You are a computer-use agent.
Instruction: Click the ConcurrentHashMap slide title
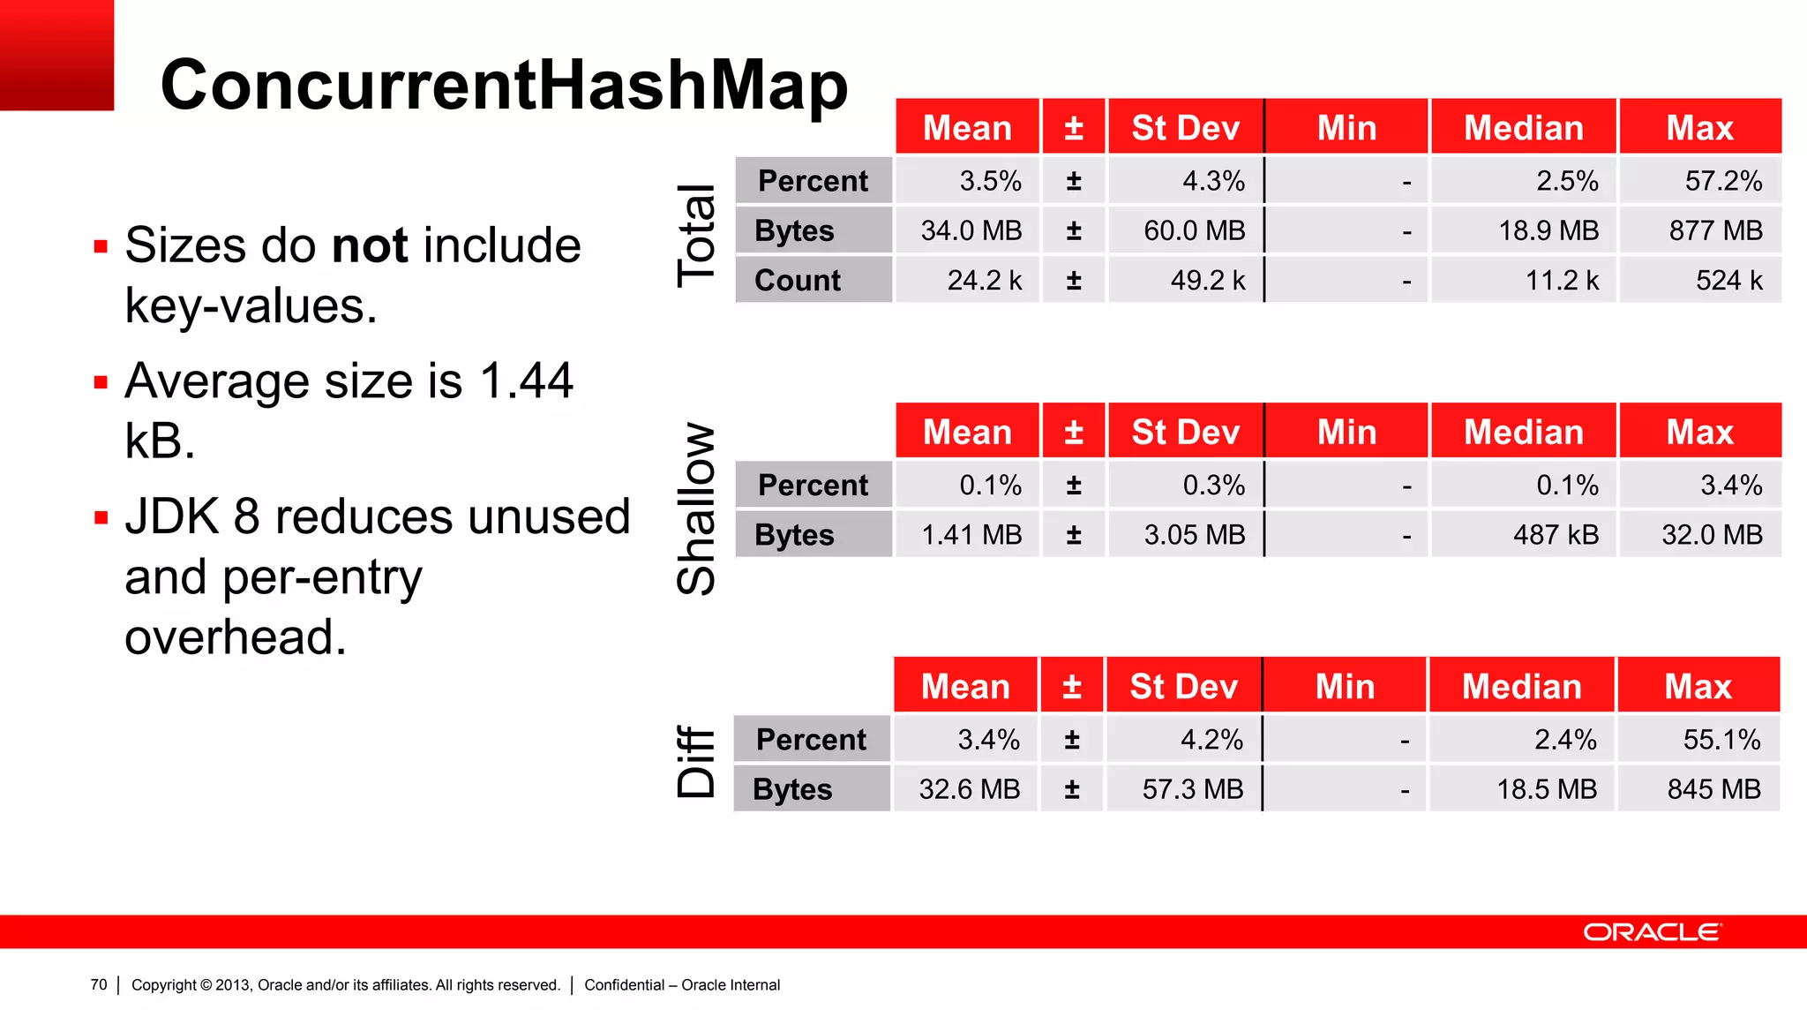click(x=504, y=86)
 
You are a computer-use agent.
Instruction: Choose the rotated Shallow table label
click(x=696, y=508)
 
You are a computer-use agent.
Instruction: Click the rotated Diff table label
click(x=696, y=761)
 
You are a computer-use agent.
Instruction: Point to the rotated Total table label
click(x=696, y=236)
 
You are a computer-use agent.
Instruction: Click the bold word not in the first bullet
click(x=371, y=245)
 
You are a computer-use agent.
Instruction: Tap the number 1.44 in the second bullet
click(x=527, y=381)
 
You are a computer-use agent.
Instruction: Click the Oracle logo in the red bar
click(x=1651, y=932)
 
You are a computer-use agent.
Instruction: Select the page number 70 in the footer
click(x=99, y=984)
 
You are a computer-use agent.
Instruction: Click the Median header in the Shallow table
click(x=1523, y=433)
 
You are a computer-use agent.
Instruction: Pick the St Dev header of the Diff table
click(x=1183, y=687)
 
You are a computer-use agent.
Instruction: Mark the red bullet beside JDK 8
click(x=101, y=517)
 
